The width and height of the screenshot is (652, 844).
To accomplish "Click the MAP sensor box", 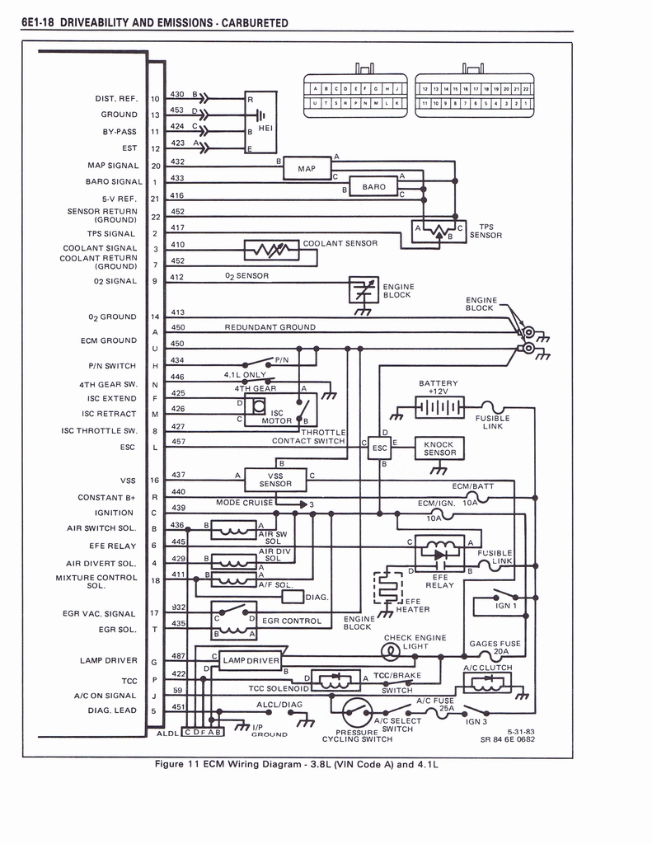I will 306,169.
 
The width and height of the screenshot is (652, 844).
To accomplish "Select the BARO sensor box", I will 373,186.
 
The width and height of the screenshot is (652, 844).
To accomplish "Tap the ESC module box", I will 379,448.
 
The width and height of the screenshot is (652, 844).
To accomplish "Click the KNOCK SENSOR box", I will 439,448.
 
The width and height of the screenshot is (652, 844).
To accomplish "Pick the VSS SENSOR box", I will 274,479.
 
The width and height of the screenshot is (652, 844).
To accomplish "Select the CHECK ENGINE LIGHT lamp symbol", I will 389,653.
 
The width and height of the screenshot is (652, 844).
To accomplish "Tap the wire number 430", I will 177,94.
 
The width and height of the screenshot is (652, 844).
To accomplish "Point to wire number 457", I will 177,442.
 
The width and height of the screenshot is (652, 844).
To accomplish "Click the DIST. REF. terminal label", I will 116,99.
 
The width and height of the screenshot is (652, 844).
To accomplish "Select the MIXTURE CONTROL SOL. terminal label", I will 96,581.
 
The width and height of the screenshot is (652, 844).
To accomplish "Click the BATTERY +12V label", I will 438,387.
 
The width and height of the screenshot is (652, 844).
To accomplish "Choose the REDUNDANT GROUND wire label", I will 270,327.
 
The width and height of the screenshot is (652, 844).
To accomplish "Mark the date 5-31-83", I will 520,731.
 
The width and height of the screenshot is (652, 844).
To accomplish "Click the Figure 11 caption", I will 298,764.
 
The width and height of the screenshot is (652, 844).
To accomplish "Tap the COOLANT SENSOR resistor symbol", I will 271,249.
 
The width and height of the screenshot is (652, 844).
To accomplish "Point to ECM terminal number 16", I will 154,480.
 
